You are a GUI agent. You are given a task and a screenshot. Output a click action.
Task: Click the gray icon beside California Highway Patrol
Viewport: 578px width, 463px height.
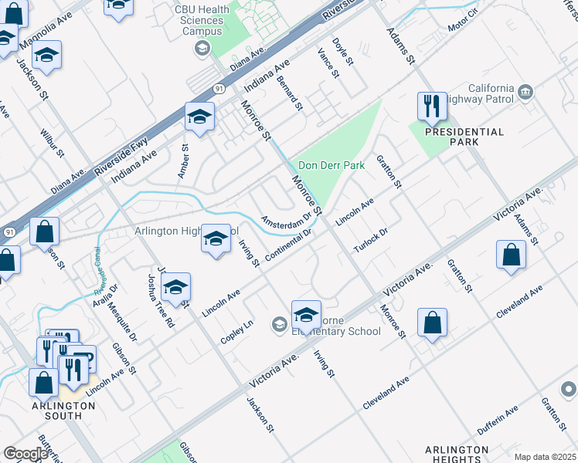point(525,93)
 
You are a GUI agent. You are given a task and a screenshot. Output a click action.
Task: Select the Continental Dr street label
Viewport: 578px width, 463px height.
point(287,245)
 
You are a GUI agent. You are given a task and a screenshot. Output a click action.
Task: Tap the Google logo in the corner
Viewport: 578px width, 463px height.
point(25,454)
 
